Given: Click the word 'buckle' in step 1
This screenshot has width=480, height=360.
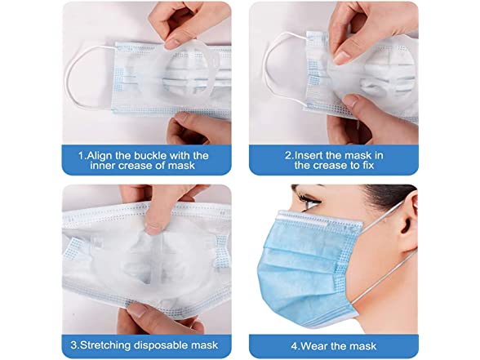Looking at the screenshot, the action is tap(149, 155).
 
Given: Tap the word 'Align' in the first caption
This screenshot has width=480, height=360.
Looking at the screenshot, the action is tap(100, 156).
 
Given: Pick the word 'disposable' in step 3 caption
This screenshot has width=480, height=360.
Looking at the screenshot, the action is tap(163, 345).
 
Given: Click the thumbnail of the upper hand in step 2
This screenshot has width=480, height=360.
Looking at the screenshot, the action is tap(340, 57).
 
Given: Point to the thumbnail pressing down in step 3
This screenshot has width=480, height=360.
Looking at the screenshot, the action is tap(153, 229).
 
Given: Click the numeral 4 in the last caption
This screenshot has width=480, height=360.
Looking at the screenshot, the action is tap(295, 346).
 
